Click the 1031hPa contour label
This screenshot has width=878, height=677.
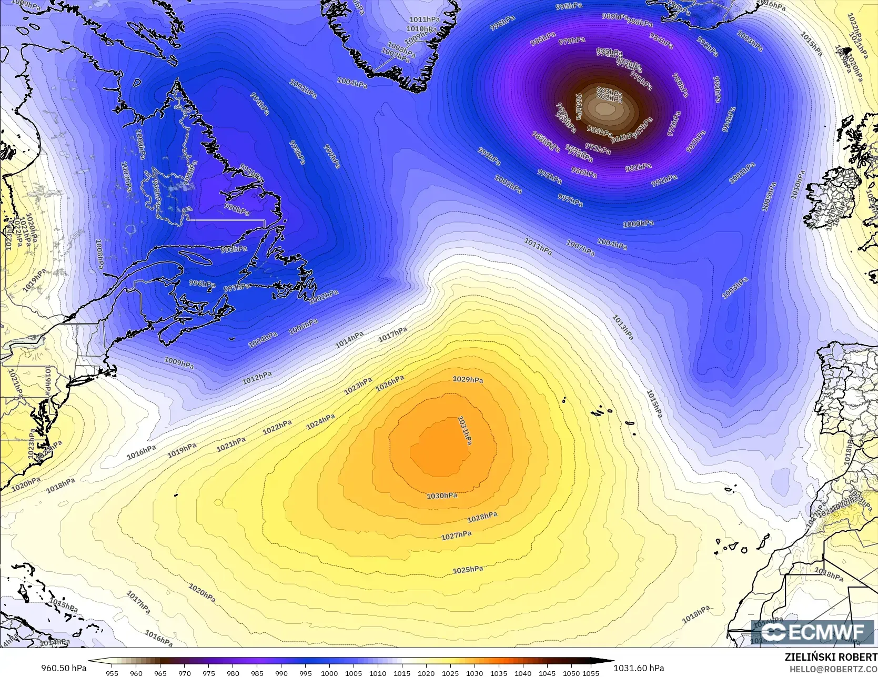tap(465, 431)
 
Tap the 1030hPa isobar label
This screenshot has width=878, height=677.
tap(441, 496)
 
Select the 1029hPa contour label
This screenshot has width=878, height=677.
tap(468, 379)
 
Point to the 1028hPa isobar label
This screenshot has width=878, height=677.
tap(482, 517)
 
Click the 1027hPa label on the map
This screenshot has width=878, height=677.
tap(456, 535)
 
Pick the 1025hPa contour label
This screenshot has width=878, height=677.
tap(468, 570)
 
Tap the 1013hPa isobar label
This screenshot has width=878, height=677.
tap(622, 327)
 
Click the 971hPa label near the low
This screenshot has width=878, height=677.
tap(598, 149)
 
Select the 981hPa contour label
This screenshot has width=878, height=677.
tap(638, 167)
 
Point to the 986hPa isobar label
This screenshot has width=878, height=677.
tap(584, 172)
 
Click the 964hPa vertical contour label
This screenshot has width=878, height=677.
tap(578, 106)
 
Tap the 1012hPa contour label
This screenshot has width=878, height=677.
tap(257, 377)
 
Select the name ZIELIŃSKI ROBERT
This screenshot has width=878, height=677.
tap(831, 657)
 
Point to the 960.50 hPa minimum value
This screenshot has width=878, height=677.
tap(64, 668)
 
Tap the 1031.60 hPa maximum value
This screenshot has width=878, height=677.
tap(639, 668)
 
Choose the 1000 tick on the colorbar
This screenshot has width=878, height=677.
tap(329, 673)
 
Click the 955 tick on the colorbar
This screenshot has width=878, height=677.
tap(112, 673)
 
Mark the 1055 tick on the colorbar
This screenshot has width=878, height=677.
tap(591, 673)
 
